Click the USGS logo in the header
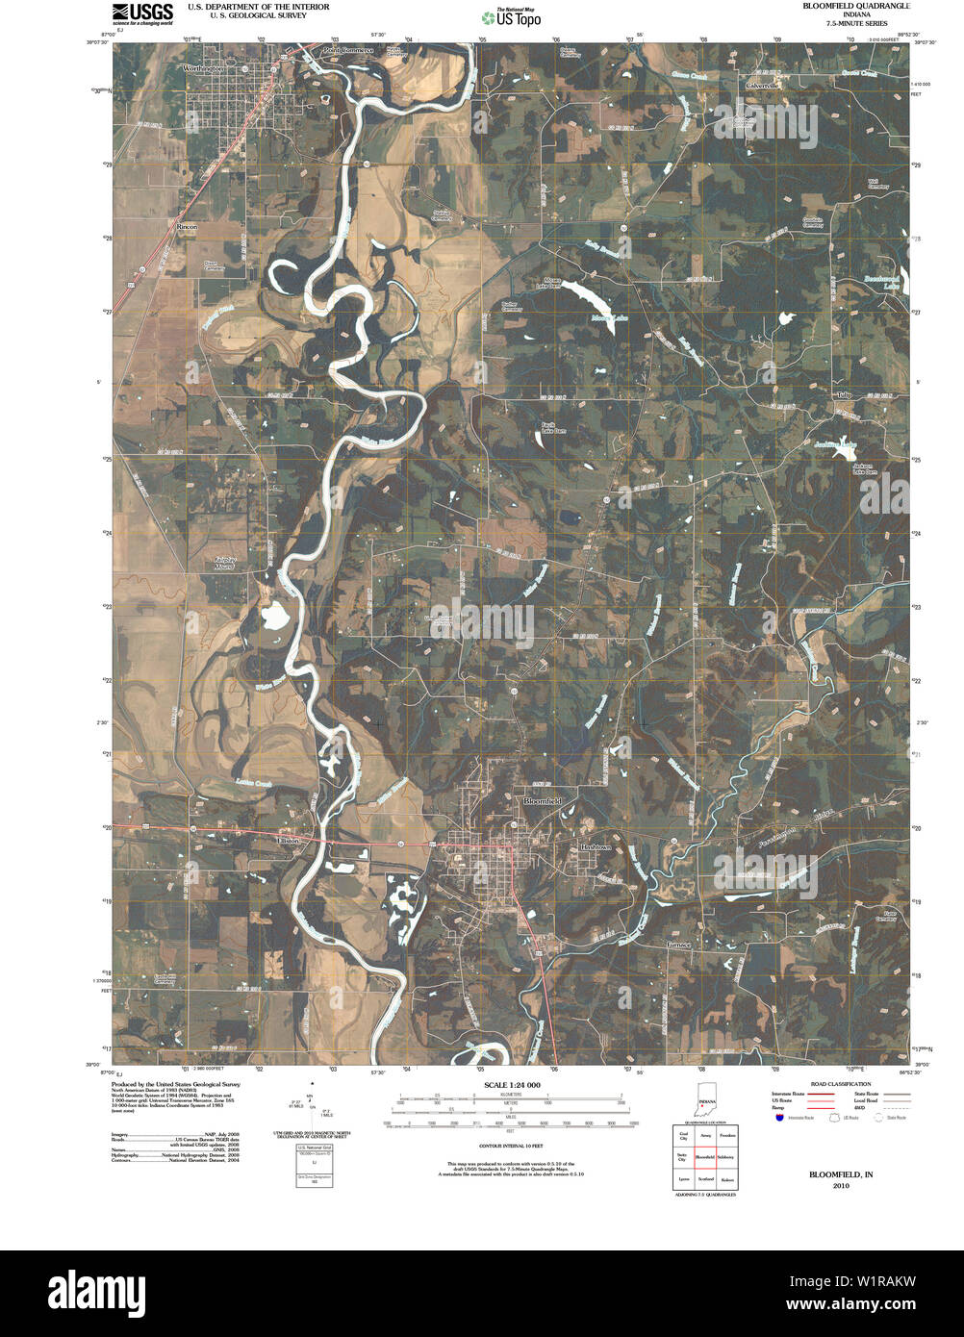pos(142,13)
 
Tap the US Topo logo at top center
pos(512,16)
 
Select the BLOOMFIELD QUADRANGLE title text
pos(856,7)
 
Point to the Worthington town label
pos(204,68)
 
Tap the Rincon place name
pos(187,226)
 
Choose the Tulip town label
pos(845,394)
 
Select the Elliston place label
pos(288,841)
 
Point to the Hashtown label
pos(595,847)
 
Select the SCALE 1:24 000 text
pos(511,1085)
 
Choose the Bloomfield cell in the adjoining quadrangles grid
pos(705,1157)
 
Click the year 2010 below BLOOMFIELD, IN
pos(841,1186)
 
